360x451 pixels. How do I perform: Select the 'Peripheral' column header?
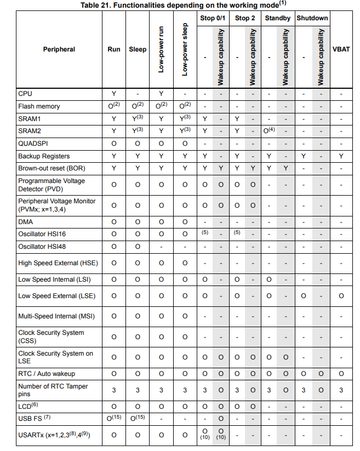(59, 49)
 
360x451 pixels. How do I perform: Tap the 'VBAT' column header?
(341, 49)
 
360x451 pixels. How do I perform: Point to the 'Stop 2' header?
(245, 18)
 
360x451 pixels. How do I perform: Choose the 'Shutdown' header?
(312, 18)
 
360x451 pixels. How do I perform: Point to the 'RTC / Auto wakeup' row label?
(47, 374)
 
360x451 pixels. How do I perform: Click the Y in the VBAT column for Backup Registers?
(341, 156)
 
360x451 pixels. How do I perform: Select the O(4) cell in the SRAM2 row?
(269, 131)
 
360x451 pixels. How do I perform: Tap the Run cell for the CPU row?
(114, 94)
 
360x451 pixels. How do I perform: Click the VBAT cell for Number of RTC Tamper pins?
(341, 390)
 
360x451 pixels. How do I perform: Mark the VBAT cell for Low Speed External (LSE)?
(341, 296)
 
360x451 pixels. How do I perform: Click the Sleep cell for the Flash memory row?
(138, 106)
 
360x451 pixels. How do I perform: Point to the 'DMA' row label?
(26, 222)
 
